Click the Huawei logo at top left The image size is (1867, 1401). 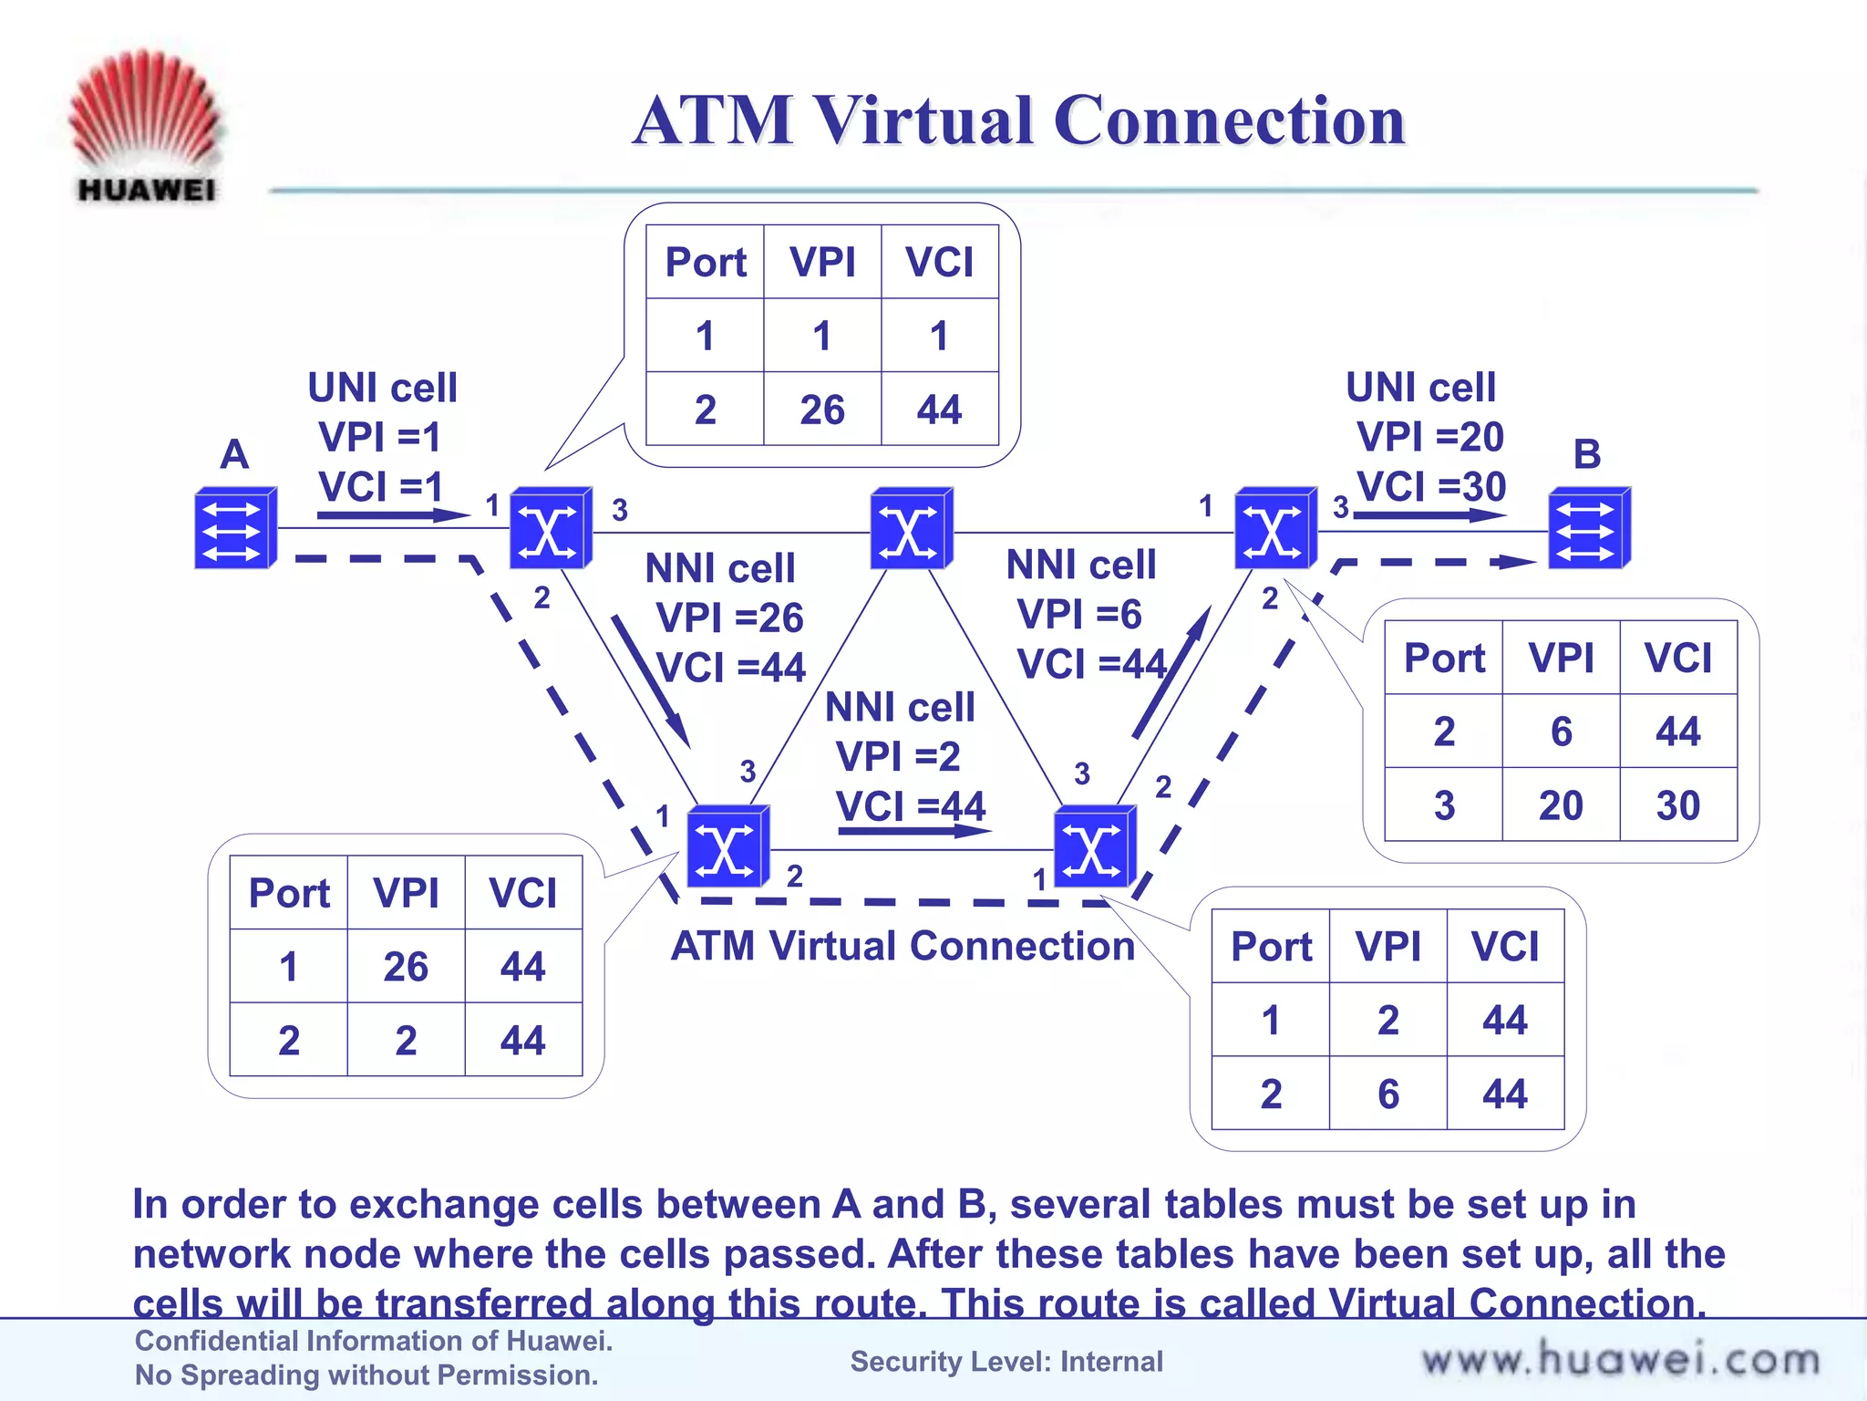(x=145, y=123)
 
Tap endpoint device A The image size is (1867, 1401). (x=235, y=528)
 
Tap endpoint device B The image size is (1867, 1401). (x=1589, y=528)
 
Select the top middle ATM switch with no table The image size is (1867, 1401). (x=911, y=528)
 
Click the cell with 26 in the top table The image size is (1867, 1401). (x=822, y=410)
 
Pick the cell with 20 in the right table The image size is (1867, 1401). (x=1561, y=805)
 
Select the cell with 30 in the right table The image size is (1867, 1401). (x=1677, y=805)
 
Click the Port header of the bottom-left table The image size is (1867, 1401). (x=289, y=893)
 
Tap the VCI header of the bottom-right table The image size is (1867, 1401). (x=1505, y=946)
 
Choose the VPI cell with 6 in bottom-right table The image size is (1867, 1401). (x=1387, y=1094)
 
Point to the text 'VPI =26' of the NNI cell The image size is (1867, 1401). (x=729, y=618)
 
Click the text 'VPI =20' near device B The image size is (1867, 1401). (x=1429, y=437)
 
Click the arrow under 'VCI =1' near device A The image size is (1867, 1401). (x=392, y=515)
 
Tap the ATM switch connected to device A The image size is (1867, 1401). (x=550, y=528)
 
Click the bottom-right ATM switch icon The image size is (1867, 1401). (x=1094, y=846)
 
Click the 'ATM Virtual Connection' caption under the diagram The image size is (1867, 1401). (x=903, y=946)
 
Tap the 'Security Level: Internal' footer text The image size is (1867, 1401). (x=1006, y=1361)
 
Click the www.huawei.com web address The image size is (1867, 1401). (x=1620, y=1360)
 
